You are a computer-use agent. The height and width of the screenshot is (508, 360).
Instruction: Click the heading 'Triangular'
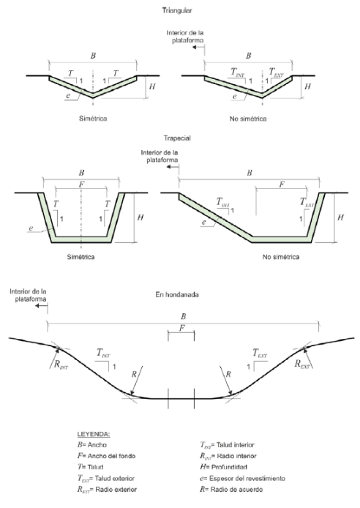coord(177,10)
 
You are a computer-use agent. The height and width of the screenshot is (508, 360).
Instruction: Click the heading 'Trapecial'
coord(177,138)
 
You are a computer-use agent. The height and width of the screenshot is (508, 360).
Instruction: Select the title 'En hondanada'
coord(177,295)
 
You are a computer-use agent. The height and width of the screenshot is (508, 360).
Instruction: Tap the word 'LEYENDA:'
coord(94,435)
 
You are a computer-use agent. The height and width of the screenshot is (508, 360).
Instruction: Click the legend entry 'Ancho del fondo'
coord(111,456)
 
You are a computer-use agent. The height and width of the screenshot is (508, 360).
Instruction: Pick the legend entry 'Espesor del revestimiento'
coord(247,479)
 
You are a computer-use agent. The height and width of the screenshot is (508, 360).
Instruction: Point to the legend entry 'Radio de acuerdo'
coord(236,490)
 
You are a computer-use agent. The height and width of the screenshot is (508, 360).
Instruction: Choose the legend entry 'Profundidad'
coord(229,467)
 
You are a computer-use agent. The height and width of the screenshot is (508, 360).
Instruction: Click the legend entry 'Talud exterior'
coord(115,479)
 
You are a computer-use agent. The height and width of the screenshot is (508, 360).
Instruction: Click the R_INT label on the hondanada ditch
coord(61,365)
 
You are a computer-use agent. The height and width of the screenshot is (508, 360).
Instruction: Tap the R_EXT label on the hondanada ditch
coord(302,364)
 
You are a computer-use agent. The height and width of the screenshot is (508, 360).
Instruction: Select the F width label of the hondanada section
coord(181,328)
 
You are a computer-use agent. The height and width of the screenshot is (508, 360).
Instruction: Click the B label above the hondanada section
coord(183,316)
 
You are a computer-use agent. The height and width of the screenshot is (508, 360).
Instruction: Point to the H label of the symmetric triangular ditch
coord(152,86)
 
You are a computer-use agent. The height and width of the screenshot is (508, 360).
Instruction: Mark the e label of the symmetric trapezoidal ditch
coord(31,228)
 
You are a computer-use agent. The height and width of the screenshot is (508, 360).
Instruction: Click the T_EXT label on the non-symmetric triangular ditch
coord(276,72)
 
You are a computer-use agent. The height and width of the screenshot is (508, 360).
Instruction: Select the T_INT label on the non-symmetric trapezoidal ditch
coord(222,203)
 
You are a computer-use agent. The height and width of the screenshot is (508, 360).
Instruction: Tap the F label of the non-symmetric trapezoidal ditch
coord(282,184)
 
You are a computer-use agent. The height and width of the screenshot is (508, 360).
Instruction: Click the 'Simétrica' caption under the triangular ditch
coord(93,119)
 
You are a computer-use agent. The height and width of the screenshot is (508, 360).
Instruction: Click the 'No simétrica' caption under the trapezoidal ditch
coord(281,257)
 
